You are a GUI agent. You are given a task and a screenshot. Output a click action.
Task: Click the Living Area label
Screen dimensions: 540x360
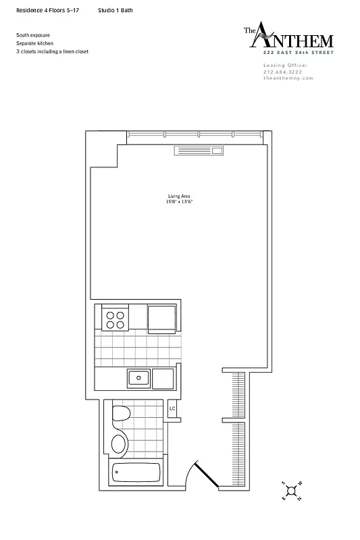click(x=179, y=196)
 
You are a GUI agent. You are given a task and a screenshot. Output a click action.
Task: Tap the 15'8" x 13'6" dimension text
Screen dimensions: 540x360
click(x=179, y=202)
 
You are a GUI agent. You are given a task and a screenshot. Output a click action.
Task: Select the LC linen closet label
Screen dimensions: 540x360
click(x=172, y=408)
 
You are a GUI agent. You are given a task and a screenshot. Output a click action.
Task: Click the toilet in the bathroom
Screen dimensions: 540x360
click(x=121, y=416)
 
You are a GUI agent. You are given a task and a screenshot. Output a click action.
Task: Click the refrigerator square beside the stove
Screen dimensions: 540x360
click(x=162, y=319)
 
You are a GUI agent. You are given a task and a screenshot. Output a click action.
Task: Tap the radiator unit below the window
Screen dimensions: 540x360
click(x=199, y=151)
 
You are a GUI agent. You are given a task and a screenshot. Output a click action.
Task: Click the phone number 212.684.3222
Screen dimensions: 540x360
click(x=284, y=72)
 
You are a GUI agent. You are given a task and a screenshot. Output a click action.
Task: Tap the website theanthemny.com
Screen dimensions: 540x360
click(x=288, y=78)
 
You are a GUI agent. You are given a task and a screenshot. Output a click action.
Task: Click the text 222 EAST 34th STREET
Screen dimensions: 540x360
click(x=298, y=52)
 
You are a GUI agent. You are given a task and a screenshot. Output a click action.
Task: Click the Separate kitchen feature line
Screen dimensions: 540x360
click(x=35, y=43)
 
